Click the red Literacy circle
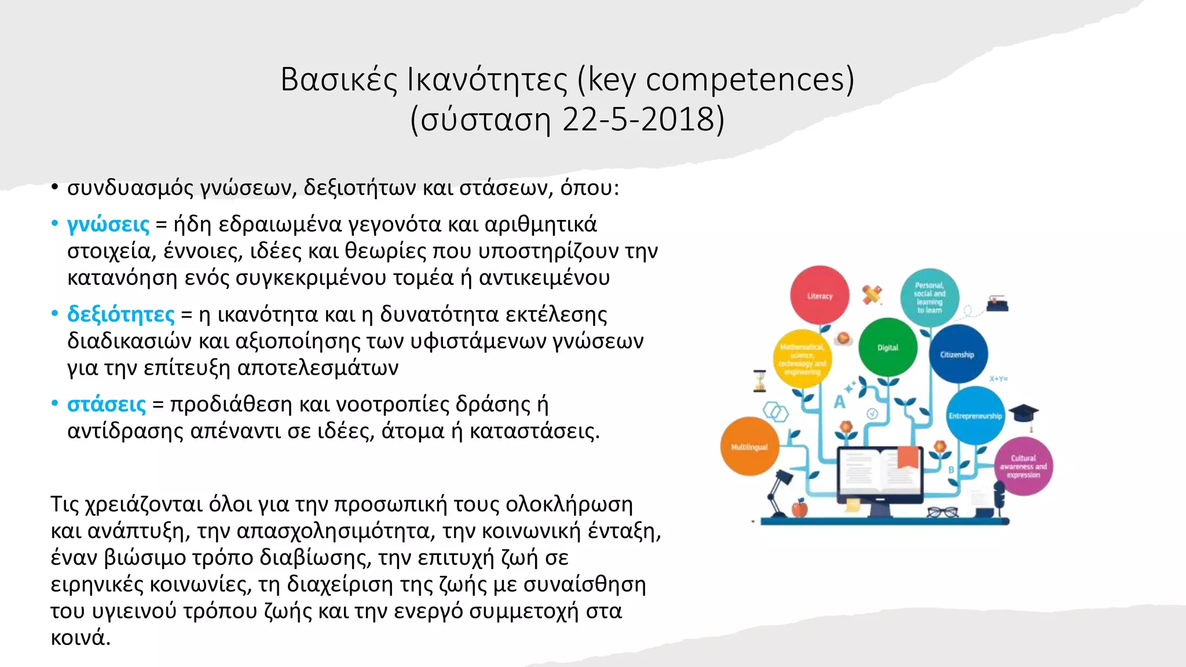[819, 295]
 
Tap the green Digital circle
[887, 347]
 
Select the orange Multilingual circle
[749, 446]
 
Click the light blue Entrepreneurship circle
[975, 415]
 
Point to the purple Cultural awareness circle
[1023, 466]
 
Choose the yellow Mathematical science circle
[802, 359]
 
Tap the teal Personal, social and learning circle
[929, 298]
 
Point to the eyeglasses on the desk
[942, 512]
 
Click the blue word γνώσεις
[108, 225]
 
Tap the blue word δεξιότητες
[120, 314]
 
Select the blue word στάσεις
[107, 404]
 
